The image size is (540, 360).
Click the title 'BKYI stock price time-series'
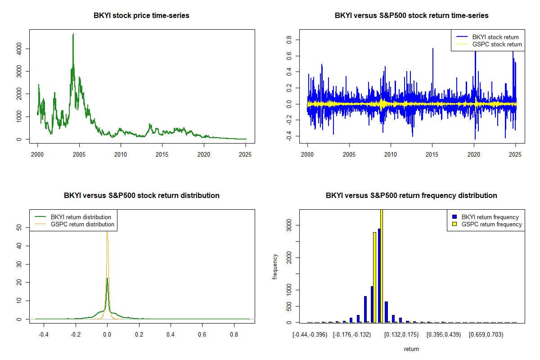click(x=141, y=16)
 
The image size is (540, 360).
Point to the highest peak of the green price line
click(x=73, y=34)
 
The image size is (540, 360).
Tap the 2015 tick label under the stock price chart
click(x=162, y=154)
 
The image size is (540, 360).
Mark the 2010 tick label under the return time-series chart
click(x=391, y=154)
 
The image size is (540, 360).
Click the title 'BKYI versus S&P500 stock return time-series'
click(x=411, y=16)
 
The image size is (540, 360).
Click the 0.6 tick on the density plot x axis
click(x=202, y=335)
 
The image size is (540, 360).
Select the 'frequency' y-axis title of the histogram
click(x=276, y=266)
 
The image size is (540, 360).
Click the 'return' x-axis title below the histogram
click(x=411, y=349)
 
